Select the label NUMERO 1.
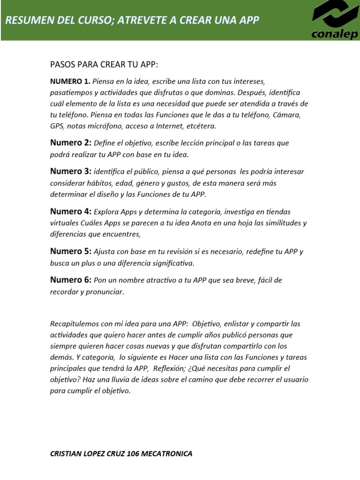point(70,81)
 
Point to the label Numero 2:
point(71,142)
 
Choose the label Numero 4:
point(71,211)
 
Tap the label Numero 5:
point(71,251)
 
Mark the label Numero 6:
point(71,280)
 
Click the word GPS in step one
point(57,126)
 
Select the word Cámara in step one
point(288,115)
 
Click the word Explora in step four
point(106,212)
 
